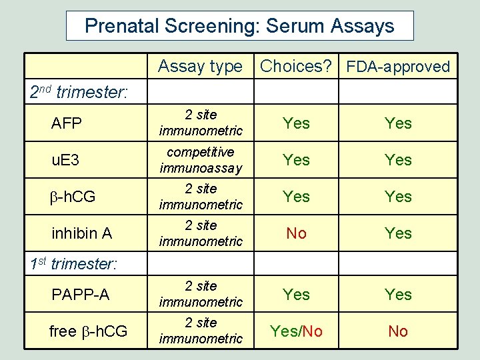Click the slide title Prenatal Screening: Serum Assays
(239, 26)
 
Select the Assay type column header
(200, 66)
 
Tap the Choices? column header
(296, 66)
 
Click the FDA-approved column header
(398, 67)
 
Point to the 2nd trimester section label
(79, 92)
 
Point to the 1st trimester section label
(73, 263)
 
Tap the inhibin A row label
(81, 233)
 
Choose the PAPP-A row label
(79, 295)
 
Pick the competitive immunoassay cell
(201, 160)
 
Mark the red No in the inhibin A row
(296, 233)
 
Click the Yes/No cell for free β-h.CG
(296, 331)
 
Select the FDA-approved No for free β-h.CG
(398, 331)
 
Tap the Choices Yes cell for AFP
(296, 123)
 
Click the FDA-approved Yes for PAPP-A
(398, 295)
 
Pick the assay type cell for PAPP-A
(201, 294)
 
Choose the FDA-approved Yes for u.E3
(398, 160)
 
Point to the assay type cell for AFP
(201, 123)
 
